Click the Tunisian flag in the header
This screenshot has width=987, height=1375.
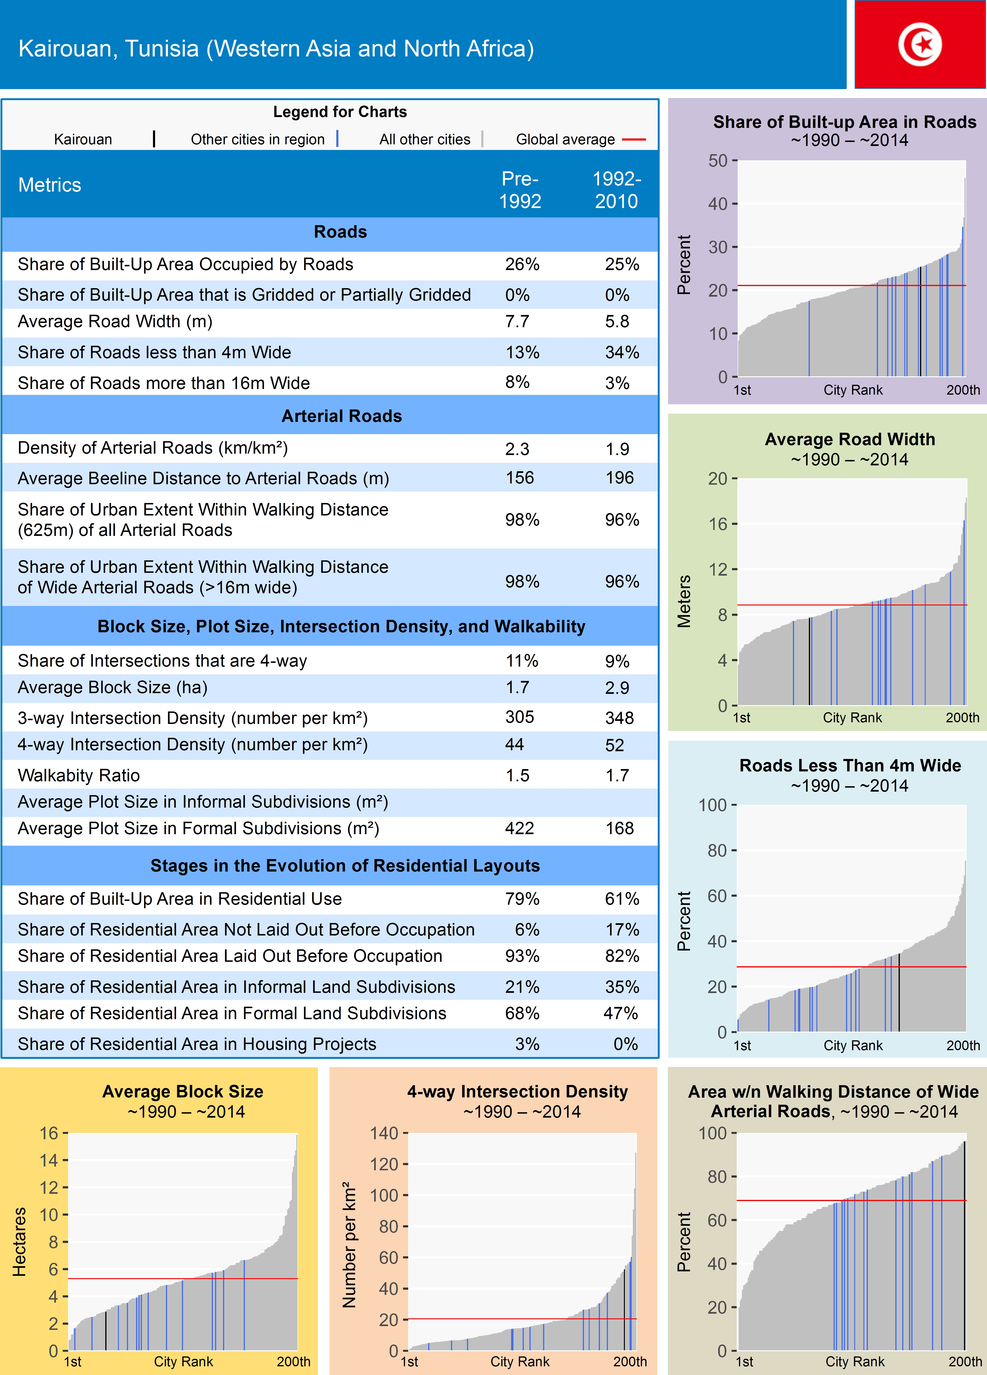coord(920,44)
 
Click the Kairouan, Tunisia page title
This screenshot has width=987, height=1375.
coord(276,48)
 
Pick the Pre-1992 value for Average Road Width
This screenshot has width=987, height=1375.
coord(517,321)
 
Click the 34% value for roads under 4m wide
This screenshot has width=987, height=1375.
coord(621,352)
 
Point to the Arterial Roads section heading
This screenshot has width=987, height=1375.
coord(341,416)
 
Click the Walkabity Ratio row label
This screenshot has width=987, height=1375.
coord(79,775)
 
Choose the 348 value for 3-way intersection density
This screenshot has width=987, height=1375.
coord(619,718)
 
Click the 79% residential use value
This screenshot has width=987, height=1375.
coord(522,899)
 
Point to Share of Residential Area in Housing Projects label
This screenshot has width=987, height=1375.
coord(197,1044)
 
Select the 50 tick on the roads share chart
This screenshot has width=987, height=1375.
coord(718,161)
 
